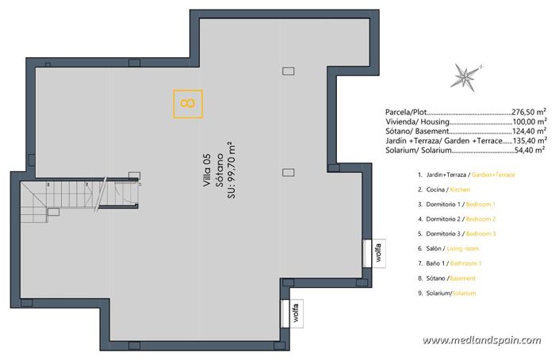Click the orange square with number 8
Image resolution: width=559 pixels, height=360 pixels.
click(x=188, y=104)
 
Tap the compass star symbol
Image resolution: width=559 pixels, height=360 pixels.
click(x=462, y=77)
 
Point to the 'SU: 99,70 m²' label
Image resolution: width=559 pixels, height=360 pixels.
click(x=231, y=169)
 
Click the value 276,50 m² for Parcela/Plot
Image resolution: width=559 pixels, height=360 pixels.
click(x=528, y=113)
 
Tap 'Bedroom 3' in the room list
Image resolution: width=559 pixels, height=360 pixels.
click(x=480, y=234)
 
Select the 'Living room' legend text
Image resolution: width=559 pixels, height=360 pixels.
click(x=468, y=249)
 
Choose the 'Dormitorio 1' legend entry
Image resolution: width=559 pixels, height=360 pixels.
click(x=439, y=205)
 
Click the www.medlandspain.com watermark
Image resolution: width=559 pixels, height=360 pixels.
click(x=481, y=340)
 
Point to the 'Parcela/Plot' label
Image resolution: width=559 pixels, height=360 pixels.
click(x=405, y=113)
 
